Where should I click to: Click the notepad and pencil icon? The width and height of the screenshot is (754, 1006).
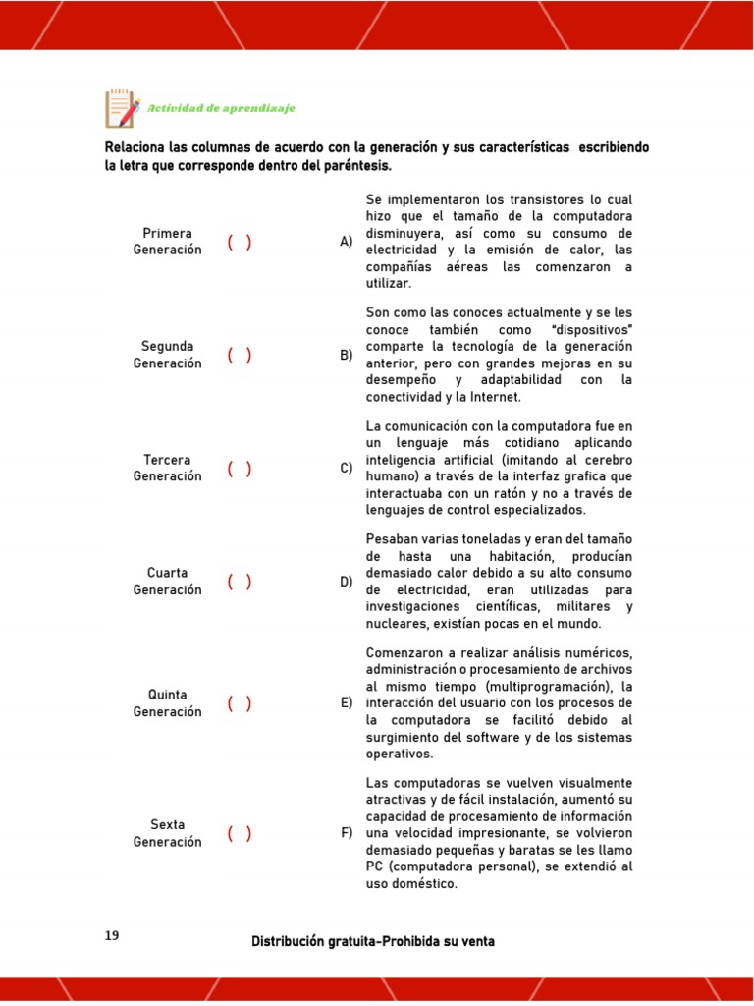click(122, 108)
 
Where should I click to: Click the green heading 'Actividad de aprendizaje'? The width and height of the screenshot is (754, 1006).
click(221, 108)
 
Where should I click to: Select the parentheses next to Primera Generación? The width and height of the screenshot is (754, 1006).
click(240, 242)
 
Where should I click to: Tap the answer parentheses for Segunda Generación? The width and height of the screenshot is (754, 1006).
click(240, 355)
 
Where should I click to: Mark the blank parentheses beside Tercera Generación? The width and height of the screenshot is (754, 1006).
click(240, 469)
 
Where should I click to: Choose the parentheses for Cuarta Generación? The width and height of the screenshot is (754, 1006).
click(240, 582)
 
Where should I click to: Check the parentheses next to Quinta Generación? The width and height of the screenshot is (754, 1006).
click(240, 703)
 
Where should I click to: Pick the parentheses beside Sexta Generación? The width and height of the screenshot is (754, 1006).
click(240, 834)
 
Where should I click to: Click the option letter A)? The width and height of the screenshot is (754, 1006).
click(346, 242)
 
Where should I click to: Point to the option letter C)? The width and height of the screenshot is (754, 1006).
click(346, 469)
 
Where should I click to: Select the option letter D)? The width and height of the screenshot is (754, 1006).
click(346, 582)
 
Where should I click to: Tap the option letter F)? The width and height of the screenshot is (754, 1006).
click(346, 834)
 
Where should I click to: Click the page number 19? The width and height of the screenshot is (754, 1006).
click(112, 936)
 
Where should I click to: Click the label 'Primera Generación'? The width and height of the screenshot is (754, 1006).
click(167, 242)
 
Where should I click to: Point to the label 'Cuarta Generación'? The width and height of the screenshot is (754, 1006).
click(167, 582)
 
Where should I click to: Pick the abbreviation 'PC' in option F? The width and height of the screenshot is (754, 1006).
click(375, 866)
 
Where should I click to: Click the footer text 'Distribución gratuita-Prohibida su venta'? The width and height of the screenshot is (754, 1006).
click(373, 941)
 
